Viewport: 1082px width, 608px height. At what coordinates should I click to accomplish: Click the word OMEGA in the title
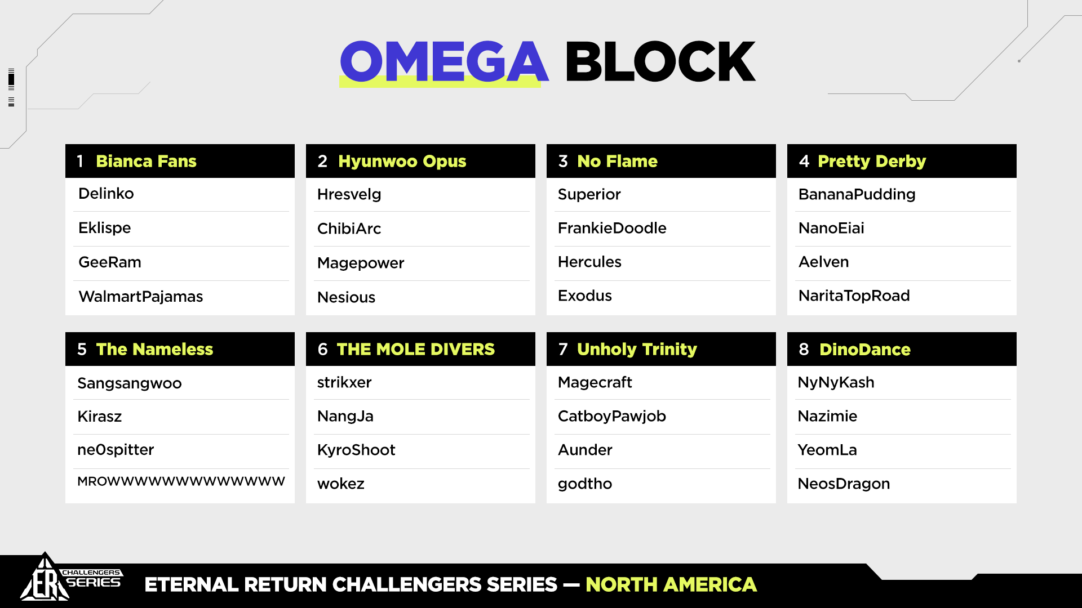click(444, 61)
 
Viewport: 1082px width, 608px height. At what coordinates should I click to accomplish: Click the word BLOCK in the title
click(660, 61)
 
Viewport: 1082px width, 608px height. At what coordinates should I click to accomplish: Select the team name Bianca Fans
click(146, 161)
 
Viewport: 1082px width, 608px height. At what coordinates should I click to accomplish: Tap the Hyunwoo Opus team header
click(402, 162)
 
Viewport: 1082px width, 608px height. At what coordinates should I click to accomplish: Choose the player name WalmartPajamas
click(141, 297)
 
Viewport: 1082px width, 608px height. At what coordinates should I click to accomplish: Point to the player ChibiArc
click(349, 229)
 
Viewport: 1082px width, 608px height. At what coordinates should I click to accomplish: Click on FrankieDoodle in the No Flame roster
click(612, 228)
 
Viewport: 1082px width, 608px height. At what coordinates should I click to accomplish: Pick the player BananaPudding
click(857, 195)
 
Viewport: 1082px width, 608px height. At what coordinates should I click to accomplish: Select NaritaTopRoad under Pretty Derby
click(854, 296)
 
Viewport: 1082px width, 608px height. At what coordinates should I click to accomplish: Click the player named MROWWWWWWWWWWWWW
click(181, 481)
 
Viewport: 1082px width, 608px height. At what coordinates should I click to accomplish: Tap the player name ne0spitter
click(116, 450)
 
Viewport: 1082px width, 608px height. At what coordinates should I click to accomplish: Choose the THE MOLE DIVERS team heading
click(415, 349)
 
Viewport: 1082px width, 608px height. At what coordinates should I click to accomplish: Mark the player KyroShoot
click(356, 450)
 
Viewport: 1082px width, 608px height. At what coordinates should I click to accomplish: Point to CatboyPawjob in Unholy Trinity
click(612, 417)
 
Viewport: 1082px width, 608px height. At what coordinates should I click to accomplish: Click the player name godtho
click(585, 484)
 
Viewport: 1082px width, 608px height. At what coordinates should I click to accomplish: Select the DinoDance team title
click(865, 349)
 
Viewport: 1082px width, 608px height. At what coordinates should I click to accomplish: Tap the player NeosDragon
click(844, 484)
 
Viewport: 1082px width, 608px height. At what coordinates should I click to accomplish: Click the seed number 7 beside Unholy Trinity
click(563, 349)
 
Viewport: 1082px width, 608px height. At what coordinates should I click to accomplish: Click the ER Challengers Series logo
click(70, 578)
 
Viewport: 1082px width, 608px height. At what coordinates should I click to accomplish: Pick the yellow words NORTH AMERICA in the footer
click(671, 585)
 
